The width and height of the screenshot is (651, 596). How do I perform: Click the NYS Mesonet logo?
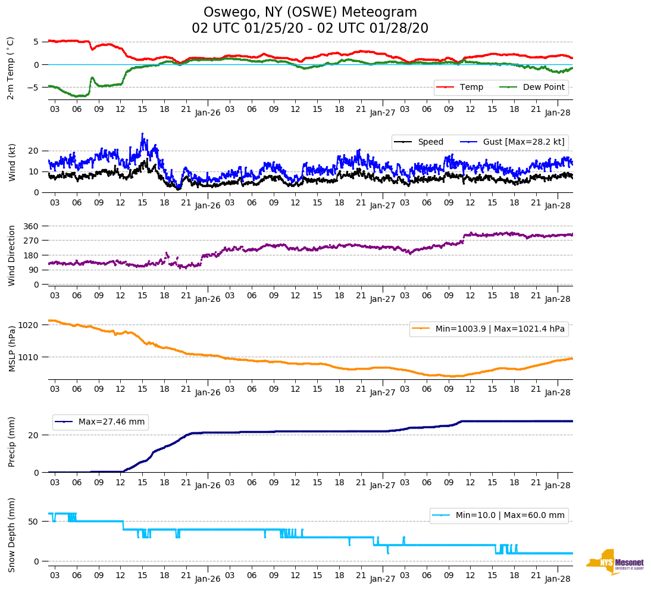pyautogui.click(x=615, y=562)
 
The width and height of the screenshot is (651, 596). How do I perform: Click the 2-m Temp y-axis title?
pyautogui.click(x=11, y=68)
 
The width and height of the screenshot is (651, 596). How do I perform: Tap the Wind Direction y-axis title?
pyautogui.click(x=11, y=255)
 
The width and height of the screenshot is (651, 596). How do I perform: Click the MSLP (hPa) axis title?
pyautogui.click(x=11, y=348)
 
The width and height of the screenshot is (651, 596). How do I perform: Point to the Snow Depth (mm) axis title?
pyautogui.click(x=11, y=535)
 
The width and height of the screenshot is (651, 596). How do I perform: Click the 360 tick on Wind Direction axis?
pyautogui.click(x=32, y=226)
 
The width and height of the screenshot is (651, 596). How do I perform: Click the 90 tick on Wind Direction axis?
pyautogui.click(x=34, y=270)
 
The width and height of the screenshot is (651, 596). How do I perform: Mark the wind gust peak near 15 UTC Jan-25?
pyautogui.click(x=142, y=134)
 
